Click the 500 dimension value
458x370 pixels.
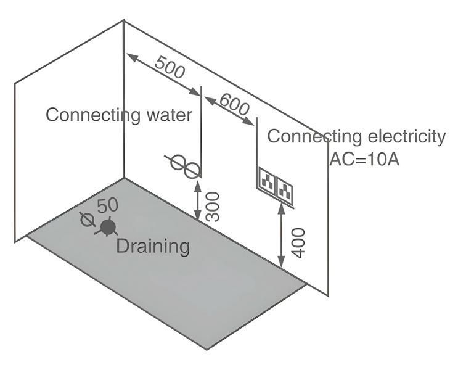click(169, 67)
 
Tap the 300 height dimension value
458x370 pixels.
click(212, 206)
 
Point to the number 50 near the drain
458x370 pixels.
click(107, 205)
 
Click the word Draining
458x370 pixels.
click(153, 246)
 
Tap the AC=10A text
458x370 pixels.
click(364, 158)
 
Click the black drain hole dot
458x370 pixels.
click(108, 228)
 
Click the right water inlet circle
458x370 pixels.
click(192, 169)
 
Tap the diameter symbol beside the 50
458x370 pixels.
click(88, 218)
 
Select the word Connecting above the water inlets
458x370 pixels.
click(88, 115)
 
